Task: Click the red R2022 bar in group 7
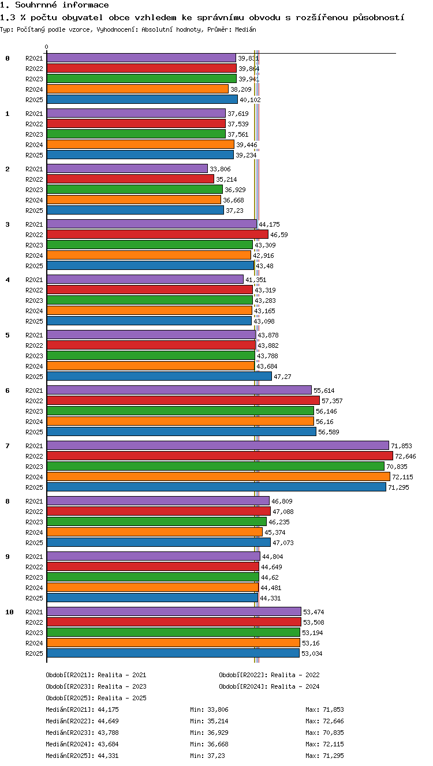pyautogui.click(x=220, y=456)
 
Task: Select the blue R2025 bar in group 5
pyautogui.click(x=159, y=376)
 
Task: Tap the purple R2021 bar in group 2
pyautogui.click(x=128, y=168)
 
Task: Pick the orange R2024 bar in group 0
pyautogui.click(x=137, y=89)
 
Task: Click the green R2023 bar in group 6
pyautogui.click(x=180, y=411)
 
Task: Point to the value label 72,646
pyautogui.click(x=405, y=456)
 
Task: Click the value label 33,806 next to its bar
pyautogui.click(x=220, y=169)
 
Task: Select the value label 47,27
pyautogui.click(x=282, y=377)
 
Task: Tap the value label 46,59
pyautogui.click(x=279, y=235)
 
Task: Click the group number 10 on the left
pyautogui.click(x=9, y=612)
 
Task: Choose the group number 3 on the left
pyautogui.click(x=8, y=224)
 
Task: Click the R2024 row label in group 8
pyautogui.click(x=34, y=532)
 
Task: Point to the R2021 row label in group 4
pyautogui.click(x=34, y=280)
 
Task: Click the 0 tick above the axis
pyautogui.click(x=47, y=47)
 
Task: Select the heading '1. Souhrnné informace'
pyautogui.click(x=54, y=5)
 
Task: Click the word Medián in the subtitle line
pyautogui.click(x=245, y=29)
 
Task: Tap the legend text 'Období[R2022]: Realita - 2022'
pyautogui.click(x=269, y=675)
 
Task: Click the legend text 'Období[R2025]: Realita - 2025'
pyautogui.click(x=96, y=697)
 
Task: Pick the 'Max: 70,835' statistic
pyautogui.click(x=324, y=732)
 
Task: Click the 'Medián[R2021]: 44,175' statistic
pyautogui.click(x=82, y=709)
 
